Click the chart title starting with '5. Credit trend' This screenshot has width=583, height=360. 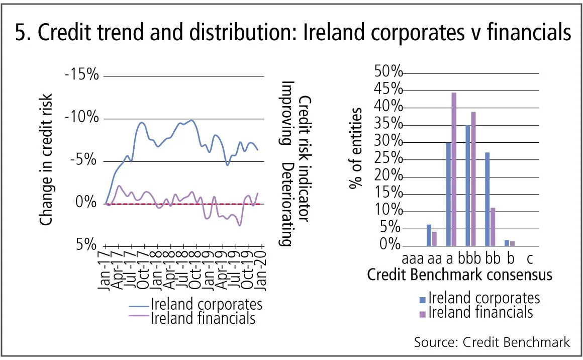point(291,33)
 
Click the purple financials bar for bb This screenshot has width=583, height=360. point(493,227)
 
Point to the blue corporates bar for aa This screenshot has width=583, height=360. point(429,235)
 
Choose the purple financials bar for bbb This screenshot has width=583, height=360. point(473,179)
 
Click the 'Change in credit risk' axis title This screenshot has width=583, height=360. point(46,159)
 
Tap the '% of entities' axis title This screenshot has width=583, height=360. point(356,148)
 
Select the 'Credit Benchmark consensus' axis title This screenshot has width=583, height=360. point(459,275)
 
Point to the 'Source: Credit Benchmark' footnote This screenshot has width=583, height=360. point(492,342)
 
